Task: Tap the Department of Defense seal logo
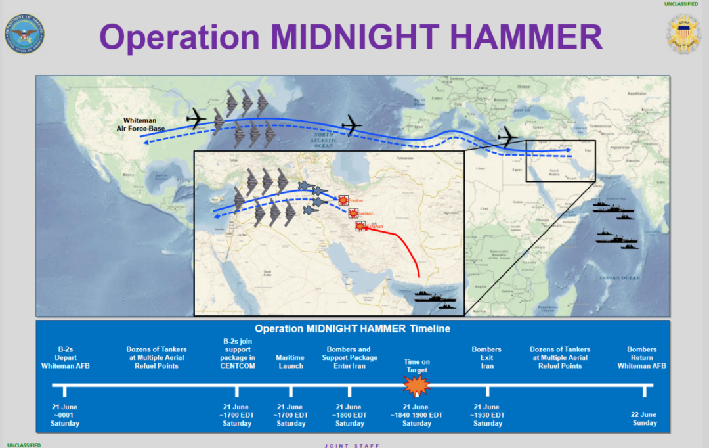[x=27, y=34]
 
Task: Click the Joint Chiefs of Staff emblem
[x=683, y=34]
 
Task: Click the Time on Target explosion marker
[x=417, y=386]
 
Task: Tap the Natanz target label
[x=366, y=213]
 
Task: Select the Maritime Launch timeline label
[x=290, y=362]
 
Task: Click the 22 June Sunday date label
[x=644, y=419]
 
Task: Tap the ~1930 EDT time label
[x=487, y=415]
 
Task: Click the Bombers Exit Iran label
[x=486, y=357]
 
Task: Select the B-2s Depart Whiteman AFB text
[x=65, y=357]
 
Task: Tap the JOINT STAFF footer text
[x=352, y=445]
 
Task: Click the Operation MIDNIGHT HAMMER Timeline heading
[x=353, y=328]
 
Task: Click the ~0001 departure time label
[x=64, y=415]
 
